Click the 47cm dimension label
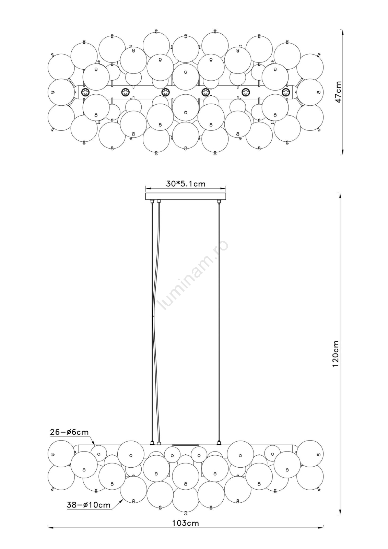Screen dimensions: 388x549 point(339,92)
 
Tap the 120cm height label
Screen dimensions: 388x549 point(336,353)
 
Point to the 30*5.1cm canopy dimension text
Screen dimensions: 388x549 point(186,184)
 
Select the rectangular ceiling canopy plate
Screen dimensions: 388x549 point(186,197)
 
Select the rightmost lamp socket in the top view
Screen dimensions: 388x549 point(285,92)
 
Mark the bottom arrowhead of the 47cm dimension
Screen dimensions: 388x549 point(342,152)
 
